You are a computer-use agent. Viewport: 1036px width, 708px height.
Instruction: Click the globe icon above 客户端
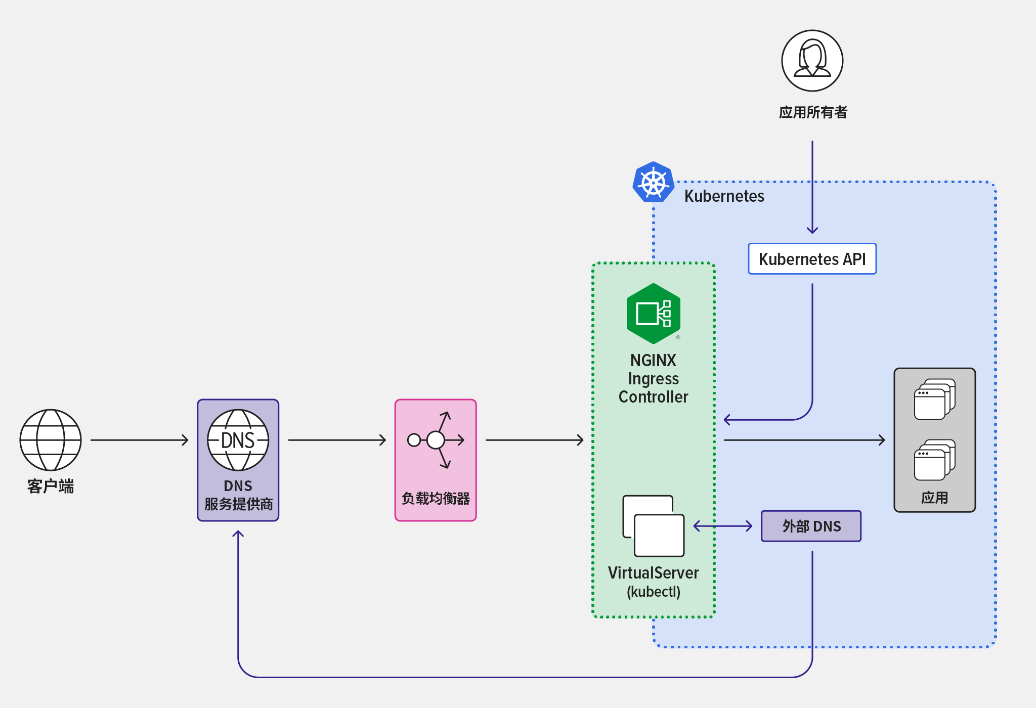(x=51, y=439)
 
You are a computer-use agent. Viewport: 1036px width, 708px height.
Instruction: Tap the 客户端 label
(x=51, y=486)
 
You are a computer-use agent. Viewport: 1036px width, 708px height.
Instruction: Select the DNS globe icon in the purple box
(x=238, y=439)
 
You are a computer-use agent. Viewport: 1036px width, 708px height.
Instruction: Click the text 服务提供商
(x=238, y=504)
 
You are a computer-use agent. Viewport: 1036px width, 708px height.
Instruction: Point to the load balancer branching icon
(x=436, y=439)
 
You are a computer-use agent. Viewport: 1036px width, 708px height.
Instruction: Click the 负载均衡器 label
(x=436, y=499)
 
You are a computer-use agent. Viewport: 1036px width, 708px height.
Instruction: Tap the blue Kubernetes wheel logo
(x=653, y=182)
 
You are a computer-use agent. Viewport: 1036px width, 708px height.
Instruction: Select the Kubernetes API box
(x=812, y=259)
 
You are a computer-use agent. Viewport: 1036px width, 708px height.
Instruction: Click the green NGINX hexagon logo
(x=653, y=314)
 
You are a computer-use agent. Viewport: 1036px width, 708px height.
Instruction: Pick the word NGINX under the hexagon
(x=653, y=360)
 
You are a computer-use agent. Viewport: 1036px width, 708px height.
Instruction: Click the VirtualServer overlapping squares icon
(x=653, y=526)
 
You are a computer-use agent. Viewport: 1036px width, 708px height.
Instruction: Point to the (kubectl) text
(x=653, y=592)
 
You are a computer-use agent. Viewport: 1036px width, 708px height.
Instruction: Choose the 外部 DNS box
(x=811, y=526)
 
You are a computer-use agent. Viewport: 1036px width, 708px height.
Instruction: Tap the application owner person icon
(x=812, y=61)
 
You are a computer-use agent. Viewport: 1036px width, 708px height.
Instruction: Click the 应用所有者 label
(x=813, y=112)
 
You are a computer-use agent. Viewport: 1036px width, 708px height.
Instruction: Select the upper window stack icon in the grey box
(x=934, y=399)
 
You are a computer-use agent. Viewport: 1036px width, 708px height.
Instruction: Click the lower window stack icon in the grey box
(x=934, y=460)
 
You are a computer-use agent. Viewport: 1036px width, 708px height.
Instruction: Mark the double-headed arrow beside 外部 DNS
(x=722, y=526)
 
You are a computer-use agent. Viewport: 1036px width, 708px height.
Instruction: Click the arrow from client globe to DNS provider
(x=139, y=440)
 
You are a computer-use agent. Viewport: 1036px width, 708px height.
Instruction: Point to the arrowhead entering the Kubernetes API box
(x=812, y=231)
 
